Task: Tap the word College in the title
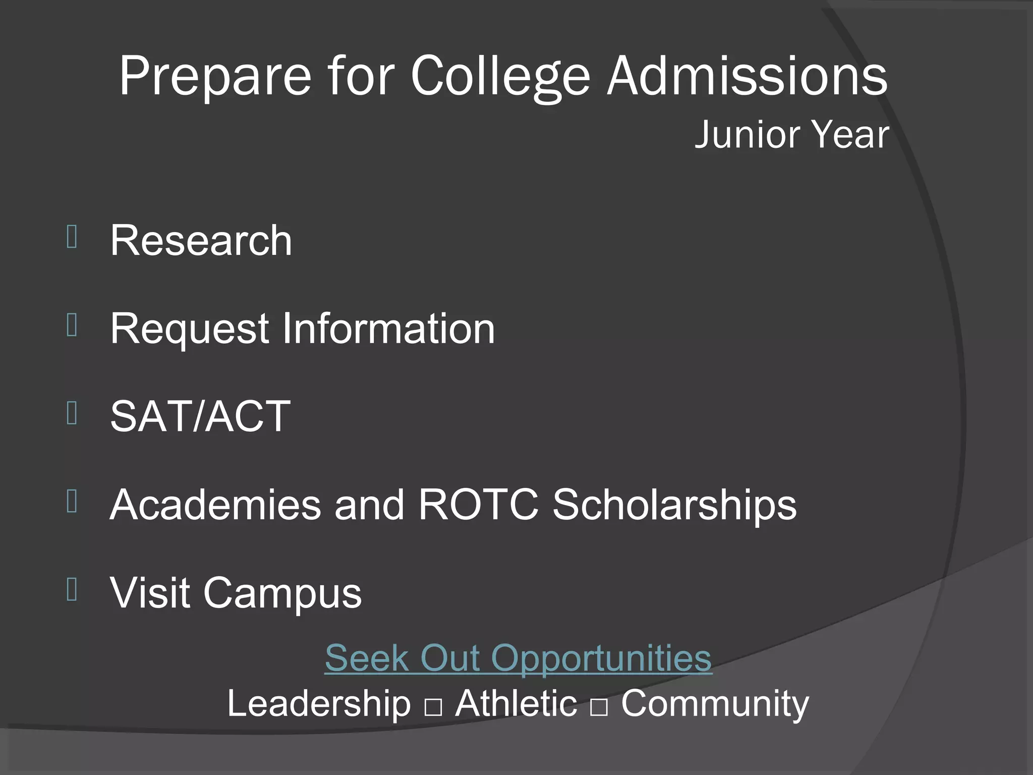tap(500, 77)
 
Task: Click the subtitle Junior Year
tap(791, 135)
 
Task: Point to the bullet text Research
tap(201, 241)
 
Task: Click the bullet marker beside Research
tap(72, 237)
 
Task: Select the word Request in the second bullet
tap(189, 329)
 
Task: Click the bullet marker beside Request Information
tap(72, 325)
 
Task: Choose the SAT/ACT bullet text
tap(200, 416)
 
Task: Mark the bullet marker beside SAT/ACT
tap(72, 413)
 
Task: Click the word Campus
tap(282, 593)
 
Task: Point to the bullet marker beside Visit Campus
tap(72, 590)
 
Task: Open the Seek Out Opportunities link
tap(518, 658)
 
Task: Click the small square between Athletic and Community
tap(599, 708)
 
